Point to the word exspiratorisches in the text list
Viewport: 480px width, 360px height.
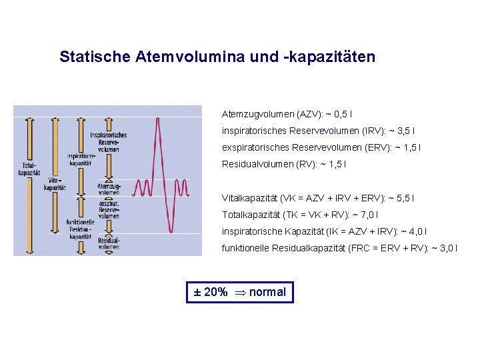click(x=254, y=147)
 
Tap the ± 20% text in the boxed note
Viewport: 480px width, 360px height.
click(x=210, y=292)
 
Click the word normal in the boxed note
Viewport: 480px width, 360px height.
click(x=267, y=292)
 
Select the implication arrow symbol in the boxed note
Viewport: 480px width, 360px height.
click(x=239, y=292)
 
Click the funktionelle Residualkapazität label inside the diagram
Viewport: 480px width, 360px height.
click(x=80, y=229)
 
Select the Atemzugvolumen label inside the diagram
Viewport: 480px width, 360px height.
click(x=108, y=189)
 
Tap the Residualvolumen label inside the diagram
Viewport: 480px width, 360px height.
click(x=109, y=243)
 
